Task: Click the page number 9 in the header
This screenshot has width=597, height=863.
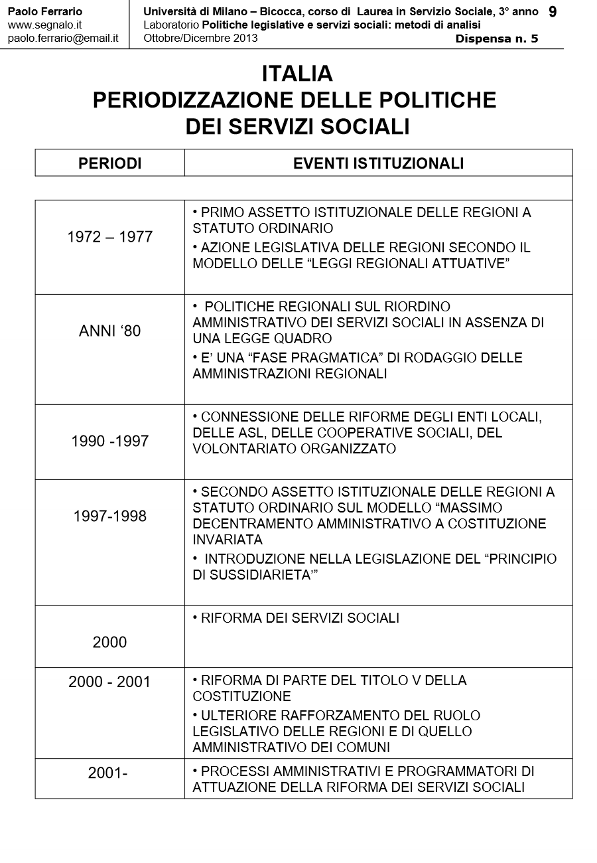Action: [x=553, y=12]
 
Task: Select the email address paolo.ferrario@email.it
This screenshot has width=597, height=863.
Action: [x=63, y=38]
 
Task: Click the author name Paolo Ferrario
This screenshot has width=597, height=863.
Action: [x=45, y=12]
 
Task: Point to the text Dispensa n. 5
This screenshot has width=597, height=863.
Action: [x=497, y=39]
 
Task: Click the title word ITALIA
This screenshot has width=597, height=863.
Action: [x=297, y=73]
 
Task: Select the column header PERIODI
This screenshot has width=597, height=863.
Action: [x=110, y=163]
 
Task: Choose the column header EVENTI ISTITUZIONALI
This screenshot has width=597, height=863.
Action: [x=378, y=163]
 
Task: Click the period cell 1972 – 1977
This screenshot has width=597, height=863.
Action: [x=110, y=237]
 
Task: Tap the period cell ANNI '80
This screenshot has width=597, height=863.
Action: [x=110, y=331]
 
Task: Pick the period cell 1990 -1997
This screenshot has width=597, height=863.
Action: [x=110, y=441]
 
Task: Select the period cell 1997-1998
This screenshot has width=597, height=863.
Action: [x=110, y=516]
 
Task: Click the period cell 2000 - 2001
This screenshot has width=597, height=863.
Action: [x=110, y=682]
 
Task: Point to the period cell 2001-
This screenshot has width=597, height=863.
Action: [x=107, y=773]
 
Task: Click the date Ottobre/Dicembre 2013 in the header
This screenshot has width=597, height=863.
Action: [x=200, y=38]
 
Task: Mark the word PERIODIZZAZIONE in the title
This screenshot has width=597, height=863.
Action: [x=192, y=100]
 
